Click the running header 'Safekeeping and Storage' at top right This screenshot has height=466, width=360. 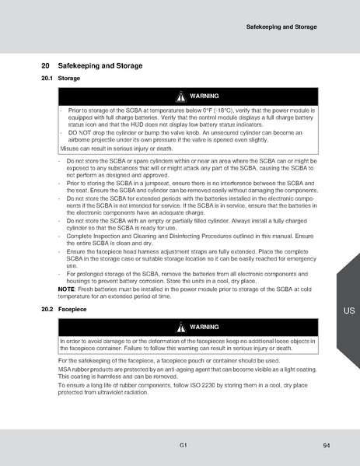coord(281,26)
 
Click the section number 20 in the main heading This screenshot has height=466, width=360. coord(45,66)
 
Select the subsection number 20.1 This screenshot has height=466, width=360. coord(47,79)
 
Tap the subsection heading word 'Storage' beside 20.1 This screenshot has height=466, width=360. coord(69,79)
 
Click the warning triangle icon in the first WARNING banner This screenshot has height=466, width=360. coord(181,96)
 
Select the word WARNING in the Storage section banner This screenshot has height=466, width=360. coord(203,96)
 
